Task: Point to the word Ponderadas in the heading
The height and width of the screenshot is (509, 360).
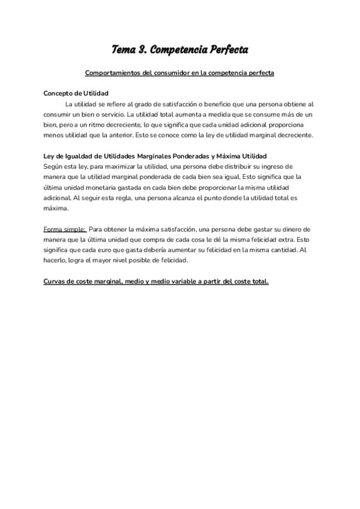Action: [x=190, y=155]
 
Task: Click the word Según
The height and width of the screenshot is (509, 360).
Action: [x=53, y=166]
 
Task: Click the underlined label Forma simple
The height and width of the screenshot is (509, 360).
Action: [x=65, y=229]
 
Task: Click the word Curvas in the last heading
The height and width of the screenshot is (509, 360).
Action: [x=56, y=281]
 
